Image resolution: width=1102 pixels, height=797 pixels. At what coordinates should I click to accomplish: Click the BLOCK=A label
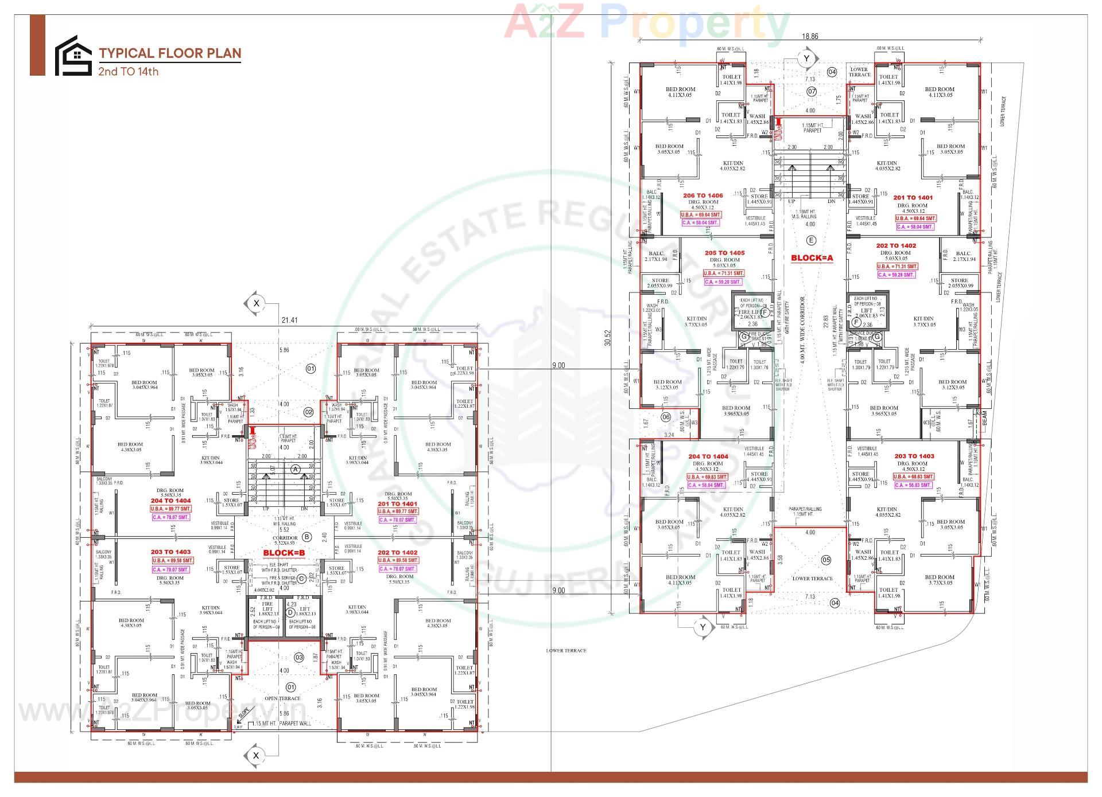click(812, 258)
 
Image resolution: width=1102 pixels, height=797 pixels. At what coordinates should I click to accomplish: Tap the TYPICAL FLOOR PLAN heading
click(170, 53)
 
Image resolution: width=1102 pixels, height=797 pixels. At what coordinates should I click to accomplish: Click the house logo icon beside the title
click(73, 56)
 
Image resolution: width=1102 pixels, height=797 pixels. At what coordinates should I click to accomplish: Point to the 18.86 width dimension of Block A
click(810, 36)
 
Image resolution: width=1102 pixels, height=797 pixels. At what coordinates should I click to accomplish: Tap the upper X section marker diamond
click(257, 303)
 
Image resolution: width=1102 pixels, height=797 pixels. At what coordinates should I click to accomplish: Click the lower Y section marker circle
click(703, 628)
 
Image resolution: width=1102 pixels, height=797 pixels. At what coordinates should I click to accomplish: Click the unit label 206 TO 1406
click(703, 196)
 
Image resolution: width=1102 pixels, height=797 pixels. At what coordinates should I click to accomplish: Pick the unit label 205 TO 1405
click(724, 253)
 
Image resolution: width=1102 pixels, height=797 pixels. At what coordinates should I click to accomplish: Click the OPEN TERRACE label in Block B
click(282, 698)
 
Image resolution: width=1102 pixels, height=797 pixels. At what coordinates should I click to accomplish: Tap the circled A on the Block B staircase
click(296, 469)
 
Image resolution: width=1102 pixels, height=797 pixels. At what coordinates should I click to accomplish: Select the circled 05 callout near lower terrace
click(826, 560)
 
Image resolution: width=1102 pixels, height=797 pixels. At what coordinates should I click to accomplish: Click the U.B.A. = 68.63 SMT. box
click(915, 476)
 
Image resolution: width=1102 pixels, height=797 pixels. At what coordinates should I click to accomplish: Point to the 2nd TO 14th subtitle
click(128, 72)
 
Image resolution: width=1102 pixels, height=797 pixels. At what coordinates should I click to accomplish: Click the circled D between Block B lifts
click(290, 612)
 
